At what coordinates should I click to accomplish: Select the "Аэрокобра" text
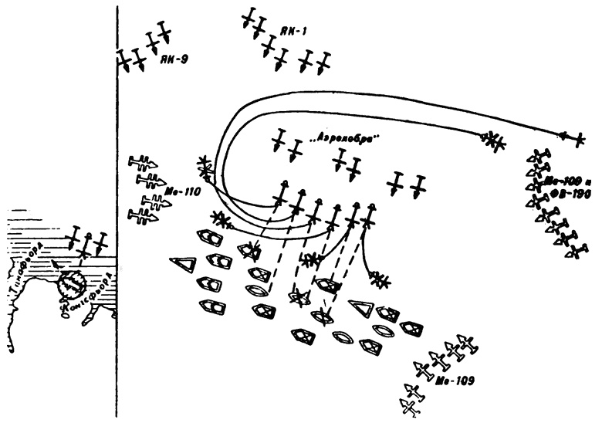click(x=346, y=139)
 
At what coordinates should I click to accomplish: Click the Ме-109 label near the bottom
click(x=456, y=380)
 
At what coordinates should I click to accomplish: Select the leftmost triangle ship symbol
click(x=184, y=264)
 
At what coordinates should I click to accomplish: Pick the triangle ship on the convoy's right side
click(x=360, y=307)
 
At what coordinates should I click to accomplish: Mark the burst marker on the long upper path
click(x=492, y=140)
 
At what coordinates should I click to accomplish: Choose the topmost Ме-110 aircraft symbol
click(x=143, y=163)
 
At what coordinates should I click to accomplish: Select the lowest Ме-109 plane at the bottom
click(x=409, y=404)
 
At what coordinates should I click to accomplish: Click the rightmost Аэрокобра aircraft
click(x=418, y=184)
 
